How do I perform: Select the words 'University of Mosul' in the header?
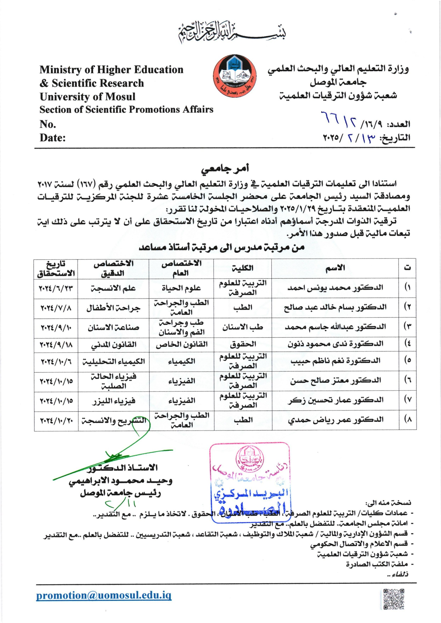[x=87, y=97]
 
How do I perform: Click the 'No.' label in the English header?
[x=48, y=124]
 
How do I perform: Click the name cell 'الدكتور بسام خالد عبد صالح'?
[x=335, y=308]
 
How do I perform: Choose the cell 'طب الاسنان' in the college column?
[x=243, y=328]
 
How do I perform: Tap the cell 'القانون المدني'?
[x=113, y=345]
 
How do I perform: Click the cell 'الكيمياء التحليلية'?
[x=113, y=361]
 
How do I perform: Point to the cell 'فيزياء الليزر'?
[x=113, y=401]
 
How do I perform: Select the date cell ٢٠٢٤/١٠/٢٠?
[x=56, y=420]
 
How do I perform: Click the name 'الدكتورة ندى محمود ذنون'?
[x=335, y=344]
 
